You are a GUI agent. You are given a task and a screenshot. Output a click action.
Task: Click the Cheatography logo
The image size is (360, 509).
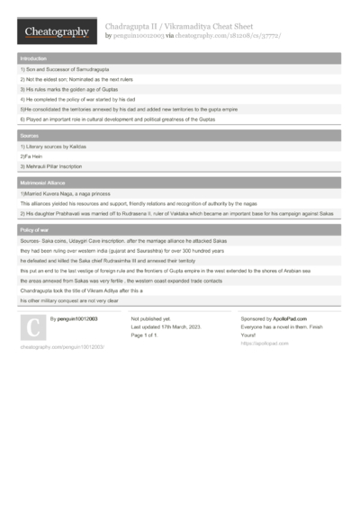[56, 32]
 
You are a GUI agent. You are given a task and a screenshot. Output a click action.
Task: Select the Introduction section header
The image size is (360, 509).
[34, 58]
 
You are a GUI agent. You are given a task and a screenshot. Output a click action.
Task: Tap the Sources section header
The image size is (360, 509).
[29, 135]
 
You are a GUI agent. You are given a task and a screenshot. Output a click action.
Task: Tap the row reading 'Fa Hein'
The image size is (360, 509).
[32, 156]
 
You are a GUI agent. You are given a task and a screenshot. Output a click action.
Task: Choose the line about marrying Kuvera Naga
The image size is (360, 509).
[71, 193]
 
